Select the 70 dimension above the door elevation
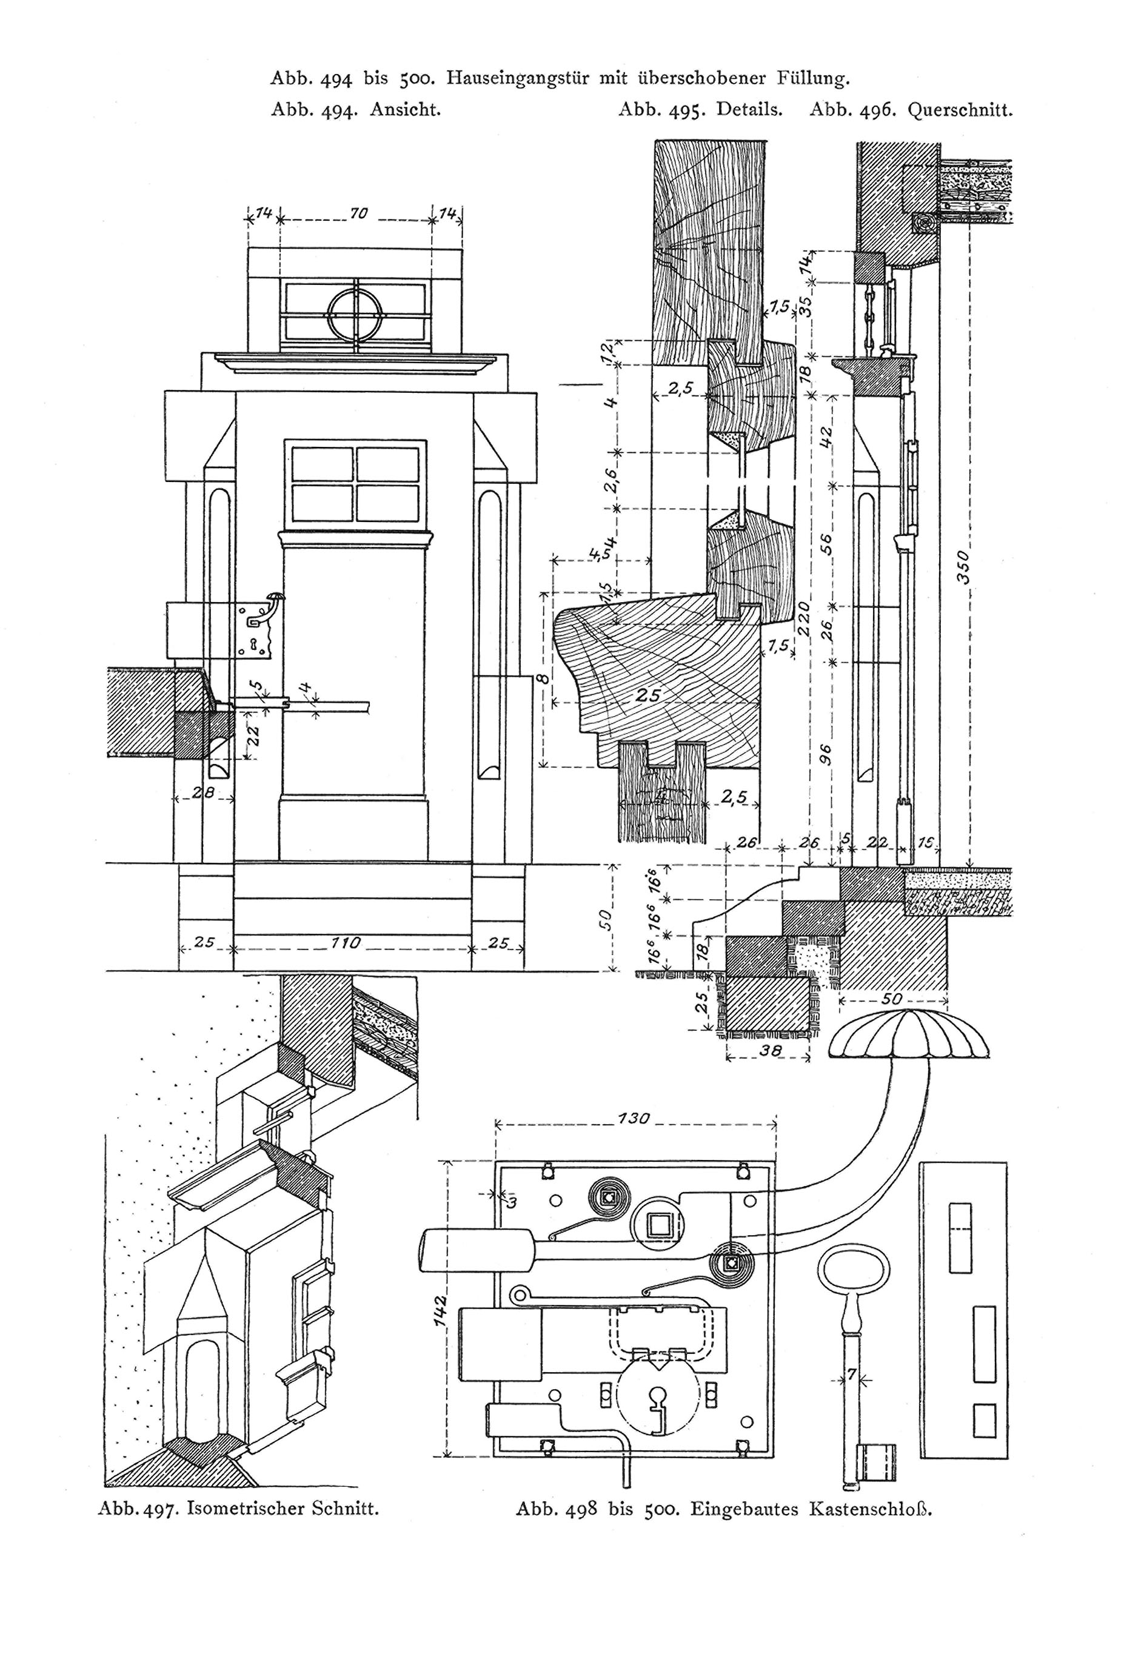click(x=358, y=213)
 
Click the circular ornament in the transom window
click(x=356, y=314)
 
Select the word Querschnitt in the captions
click(x=959, y=110)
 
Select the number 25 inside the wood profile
click(x=649, y=694)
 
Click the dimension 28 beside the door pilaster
click(x=204, y=793)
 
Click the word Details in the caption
click(x=749, y=110)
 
